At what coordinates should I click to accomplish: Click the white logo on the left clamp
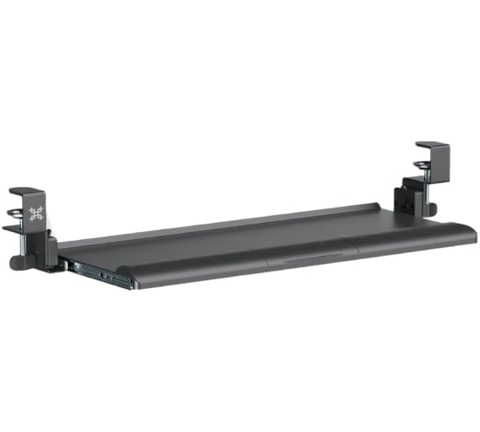click(x=36, y=214)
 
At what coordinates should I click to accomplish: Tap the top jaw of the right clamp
click(x=429, y=147)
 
